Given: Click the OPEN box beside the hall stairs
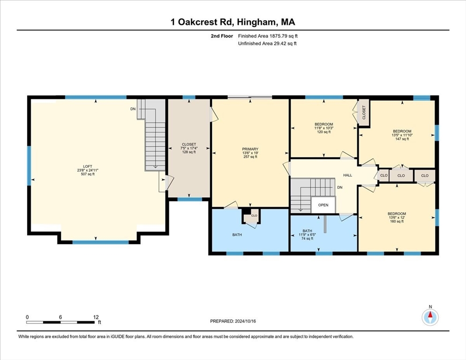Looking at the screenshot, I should point(323,205).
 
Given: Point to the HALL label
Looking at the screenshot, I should point(347,175).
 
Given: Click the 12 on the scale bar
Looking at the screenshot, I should point(96,317).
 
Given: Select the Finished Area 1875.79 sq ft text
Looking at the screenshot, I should point(267,36).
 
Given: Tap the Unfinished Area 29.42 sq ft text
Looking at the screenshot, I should point(267,44).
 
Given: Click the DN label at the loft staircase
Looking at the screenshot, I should point(133,109).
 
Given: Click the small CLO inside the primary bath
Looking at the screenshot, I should point(254,216).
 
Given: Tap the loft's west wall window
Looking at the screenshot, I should point(29,165).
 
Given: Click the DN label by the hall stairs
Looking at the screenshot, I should point(339,187).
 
